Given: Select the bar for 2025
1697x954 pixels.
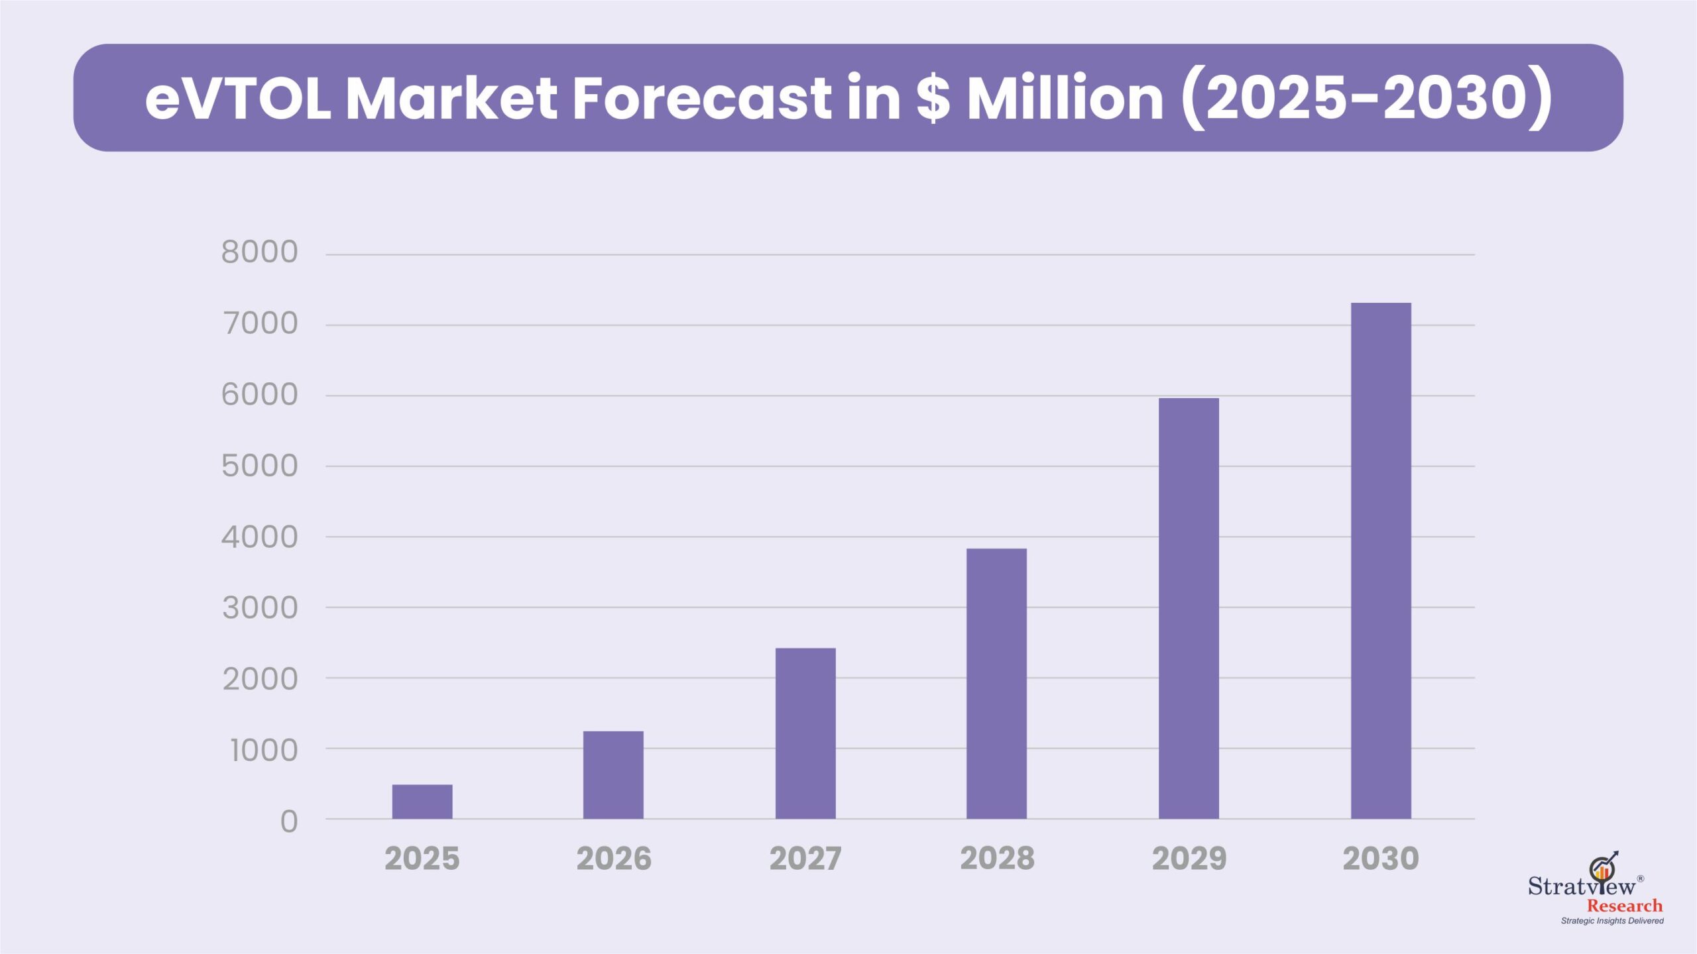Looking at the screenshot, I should click(422, 802).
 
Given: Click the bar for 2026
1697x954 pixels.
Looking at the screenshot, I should click(613, 775).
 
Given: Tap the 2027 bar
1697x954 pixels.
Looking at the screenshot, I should click(805, 733).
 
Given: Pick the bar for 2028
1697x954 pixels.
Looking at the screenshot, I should click(996, 684).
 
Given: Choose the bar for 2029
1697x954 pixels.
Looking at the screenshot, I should click(1189, 608).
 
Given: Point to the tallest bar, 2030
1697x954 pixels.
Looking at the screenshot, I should click(1381, 560).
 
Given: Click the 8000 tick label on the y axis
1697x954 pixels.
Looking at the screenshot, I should click(260, 252).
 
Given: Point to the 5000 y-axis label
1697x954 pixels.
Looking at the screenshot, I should click(260, 466).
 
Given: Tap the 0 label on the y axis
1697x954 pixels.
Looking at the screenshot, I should click(289, 822).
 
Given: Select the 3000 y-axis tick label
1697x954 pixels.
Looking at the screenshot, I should click(260, 608).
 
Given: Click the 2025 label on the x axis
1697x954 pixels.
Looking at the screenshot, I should click(422, 859).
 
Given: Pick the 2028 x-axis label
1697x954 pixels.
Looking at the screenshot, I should click(997, 859).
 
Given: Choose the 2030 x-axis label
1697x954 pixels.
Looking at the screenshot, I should click(1381, 859).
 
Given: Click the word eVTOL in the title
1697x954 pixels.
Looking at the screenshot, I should click(238, 98).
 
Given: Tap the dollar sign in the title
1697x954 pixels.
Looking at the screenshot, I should click(933, 98).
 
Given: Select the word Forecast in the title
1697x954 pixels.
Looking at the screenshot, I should click(701, 98).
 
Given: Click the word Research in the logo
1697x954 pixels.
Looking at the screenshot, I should click(1625, 906).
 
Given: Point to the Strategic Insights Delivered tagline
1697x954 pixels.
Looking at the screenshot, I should click(1612, 921).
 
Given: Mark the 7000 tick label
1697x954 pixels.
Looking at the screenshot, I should click(260, 324).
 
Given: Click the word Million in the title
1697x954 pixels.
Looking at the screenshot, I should click(1065, 98).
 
